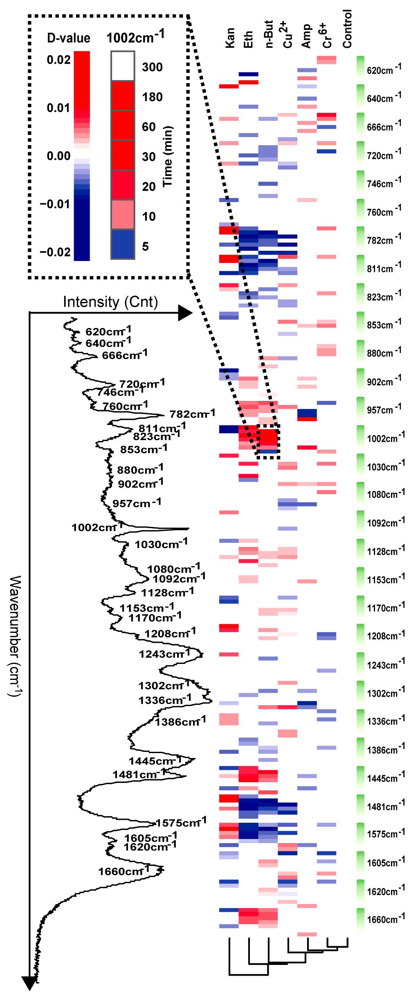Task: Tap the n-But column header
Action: click(269, 34)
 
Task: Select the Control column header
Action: click(347, 29)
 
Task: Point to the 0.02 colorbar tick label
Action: click(58, 60)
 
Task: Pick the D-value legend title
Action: click(69, 38)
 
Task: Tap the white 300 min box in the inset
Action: click(123, 66)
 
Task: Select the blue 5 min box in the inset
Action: click(123, 244)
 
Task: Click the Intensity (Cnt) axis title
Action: click(110, 302)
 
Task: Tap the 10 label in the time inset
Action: click(149, 216)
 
